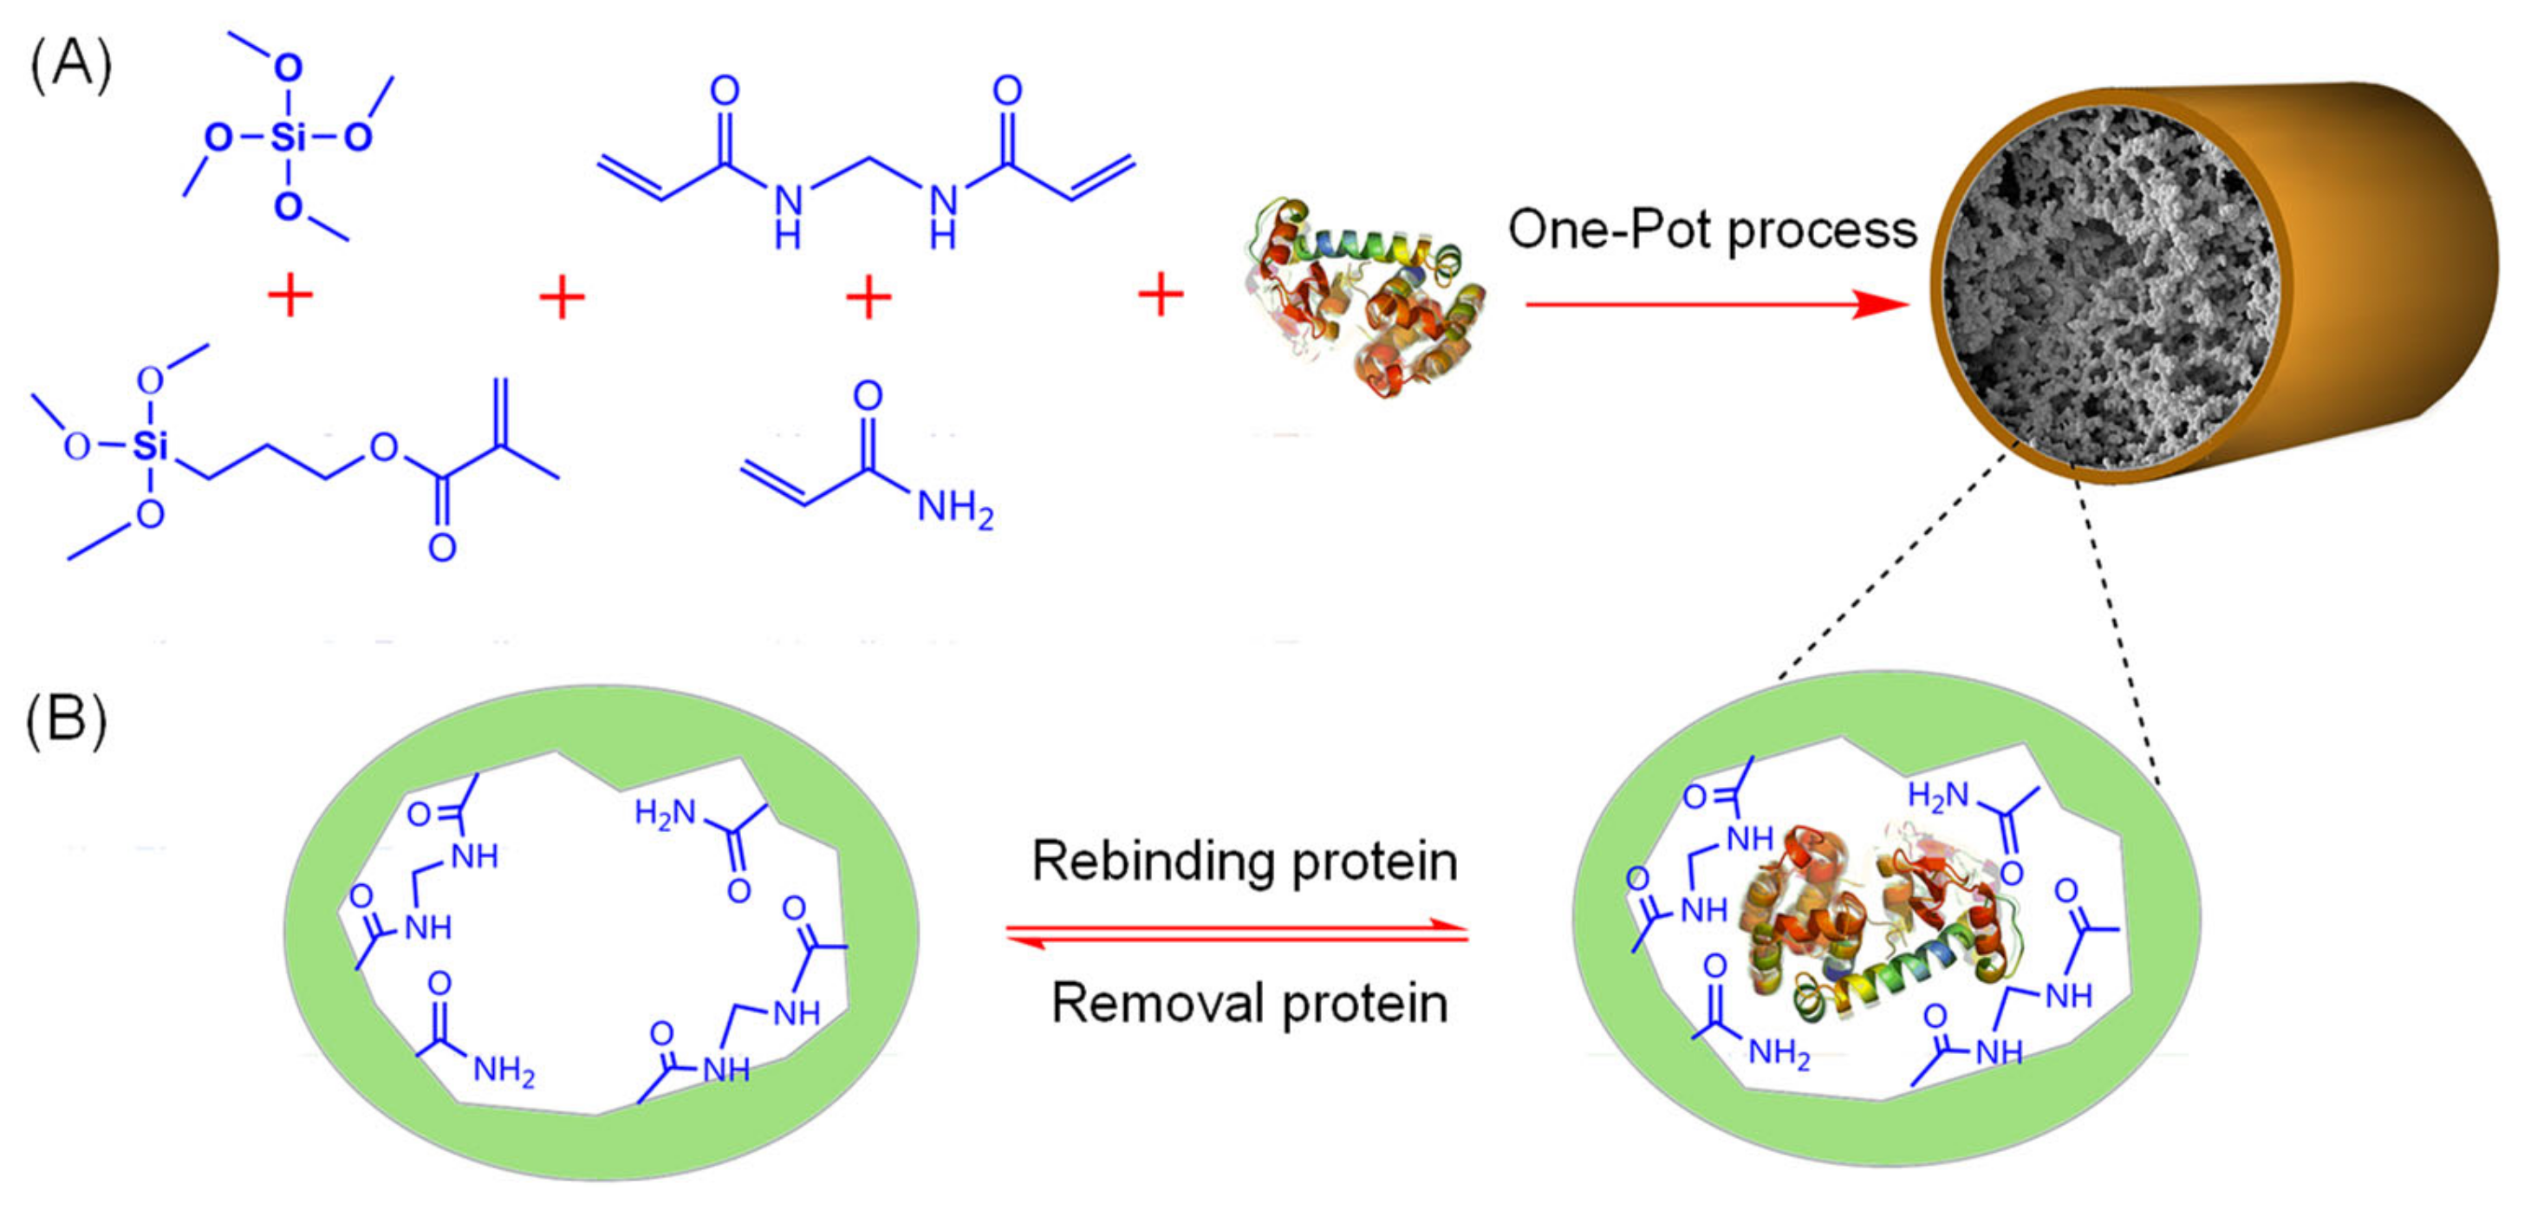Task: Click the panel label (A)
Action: (x=70, y=67)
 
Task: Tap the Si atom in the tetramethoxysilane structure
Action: (x=287, y=136)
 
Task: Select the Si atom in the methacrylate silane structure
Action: (x=150, y=446)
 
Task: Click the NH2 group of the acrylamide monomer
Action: (x=954, y=509)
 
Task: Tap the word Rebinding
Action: (x=1151, y=862)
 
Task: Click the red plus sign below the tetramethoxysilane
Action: (x=290, y=295)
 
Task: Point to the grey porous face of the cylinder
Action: (x=2106, y=294)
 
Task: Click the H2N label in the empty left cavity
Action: (x=666, y=812)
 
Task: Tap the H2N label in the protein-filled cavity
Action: (x=1937, y=796)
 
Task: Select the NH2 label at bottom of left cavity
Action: (x=504, y=1070)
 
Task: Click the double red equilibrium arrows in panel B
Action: (x=1238, y=933)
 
